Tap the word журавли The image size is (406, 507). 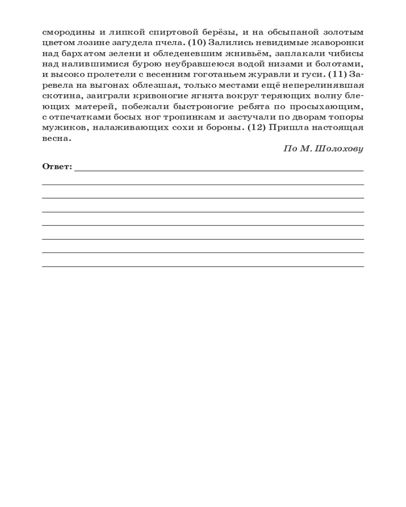coord(257,75)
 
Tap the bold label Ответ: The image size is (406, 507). coord(57,166)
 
